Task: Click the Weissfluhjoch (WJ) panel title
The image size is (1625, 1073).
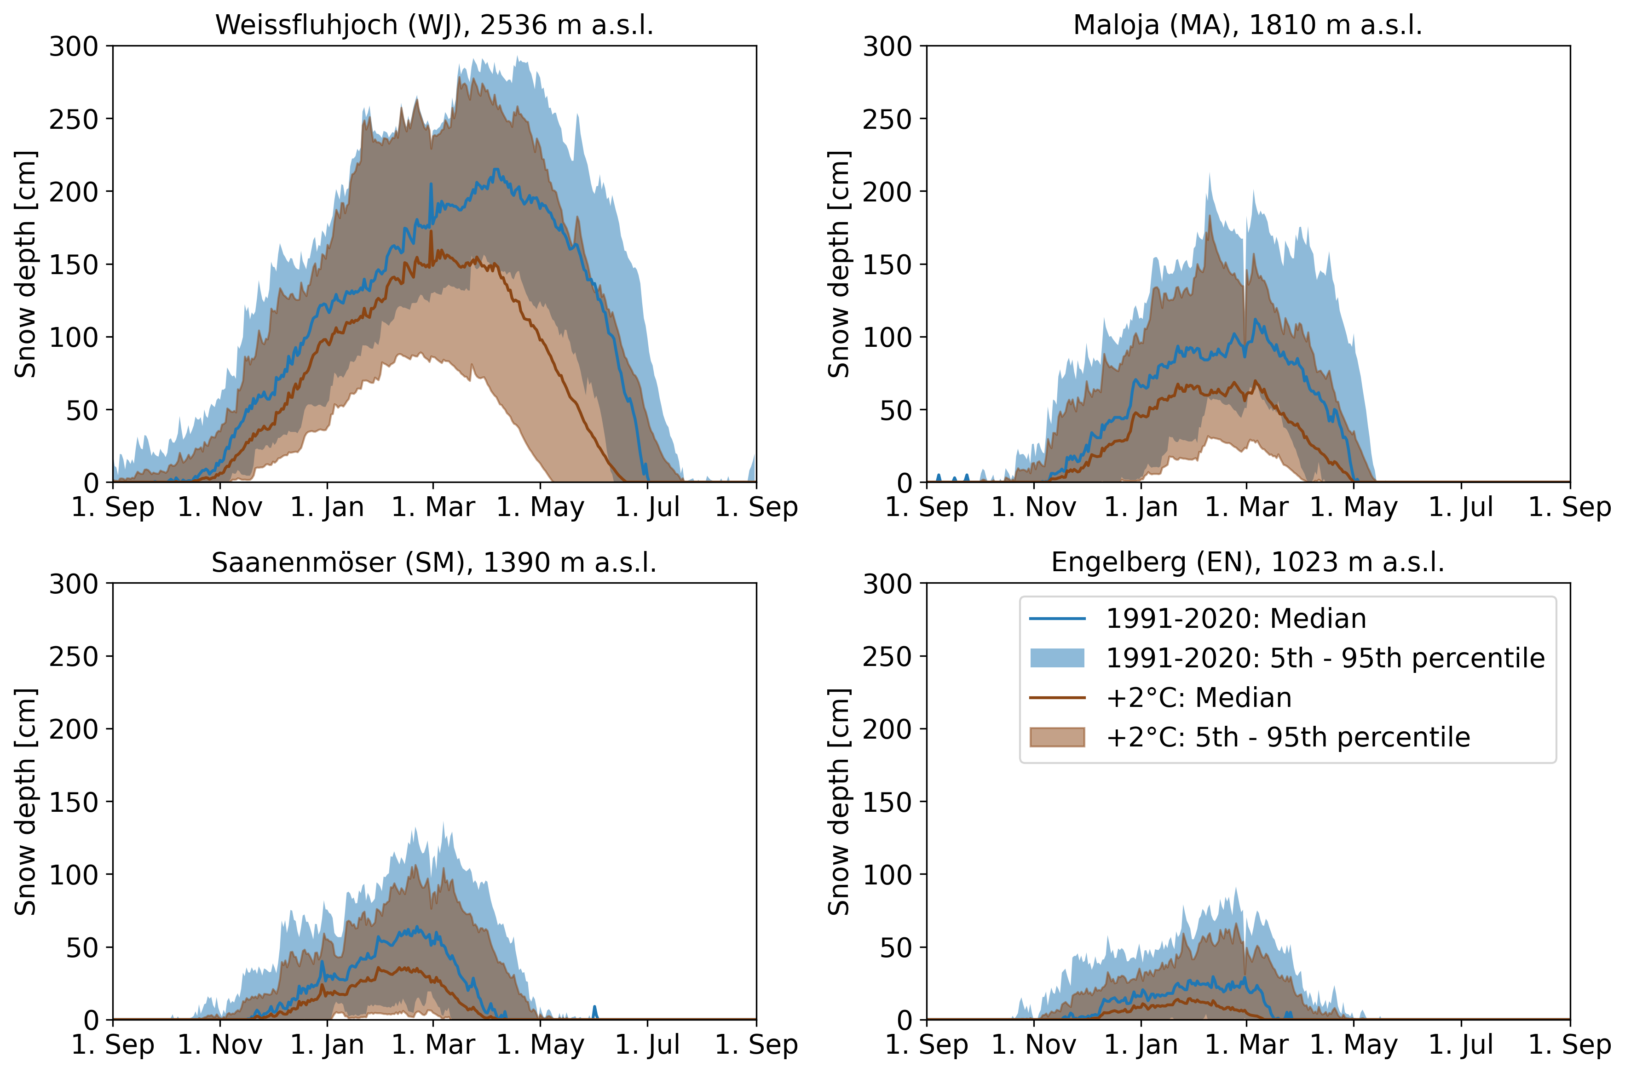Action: [x=434, y=25]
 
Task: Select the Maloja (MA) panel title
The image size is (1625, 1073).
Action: [x=1247, y=25]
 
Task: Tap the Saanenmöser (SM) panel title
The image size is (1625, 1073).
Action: [x=434, y=562]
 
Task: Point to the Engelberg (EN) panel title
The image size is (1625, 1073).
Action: [x=1247, y=562]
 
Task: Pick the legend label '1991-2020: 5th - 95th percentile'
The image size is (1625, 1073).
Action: [x=1325, y=658]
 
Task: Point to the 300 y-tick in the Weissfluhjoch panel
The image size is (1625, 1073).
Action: [x=74, y=46]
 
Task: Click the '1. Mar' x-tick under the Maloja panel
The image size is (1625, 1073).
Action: [x=1246, y=508]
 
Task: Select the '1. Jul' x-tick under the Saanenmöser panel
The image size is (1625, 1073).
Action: [x=647, y=1045]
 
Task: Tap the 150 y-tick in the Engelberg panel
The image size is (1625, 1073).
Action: [x=887, y=802]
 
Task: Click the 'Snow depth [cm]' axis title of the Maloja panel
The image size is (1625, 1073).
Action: [x=839, y=264]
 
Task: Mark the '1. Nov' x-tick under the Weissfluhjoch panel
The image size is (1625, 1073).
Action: [x=220, y=508]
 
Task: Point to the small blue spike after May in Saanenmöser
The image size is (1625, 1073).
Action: [x=594, y=1011]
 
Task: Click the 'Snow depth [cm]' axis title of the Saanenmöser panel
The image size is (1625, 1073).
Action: [x=26, y=802]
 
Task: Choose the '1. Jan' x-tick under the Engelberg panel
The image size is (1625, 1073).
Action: [x=1141, y=1045]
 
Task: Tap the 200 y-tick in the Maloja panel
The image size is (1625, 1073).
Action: [x=887, y=192]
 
